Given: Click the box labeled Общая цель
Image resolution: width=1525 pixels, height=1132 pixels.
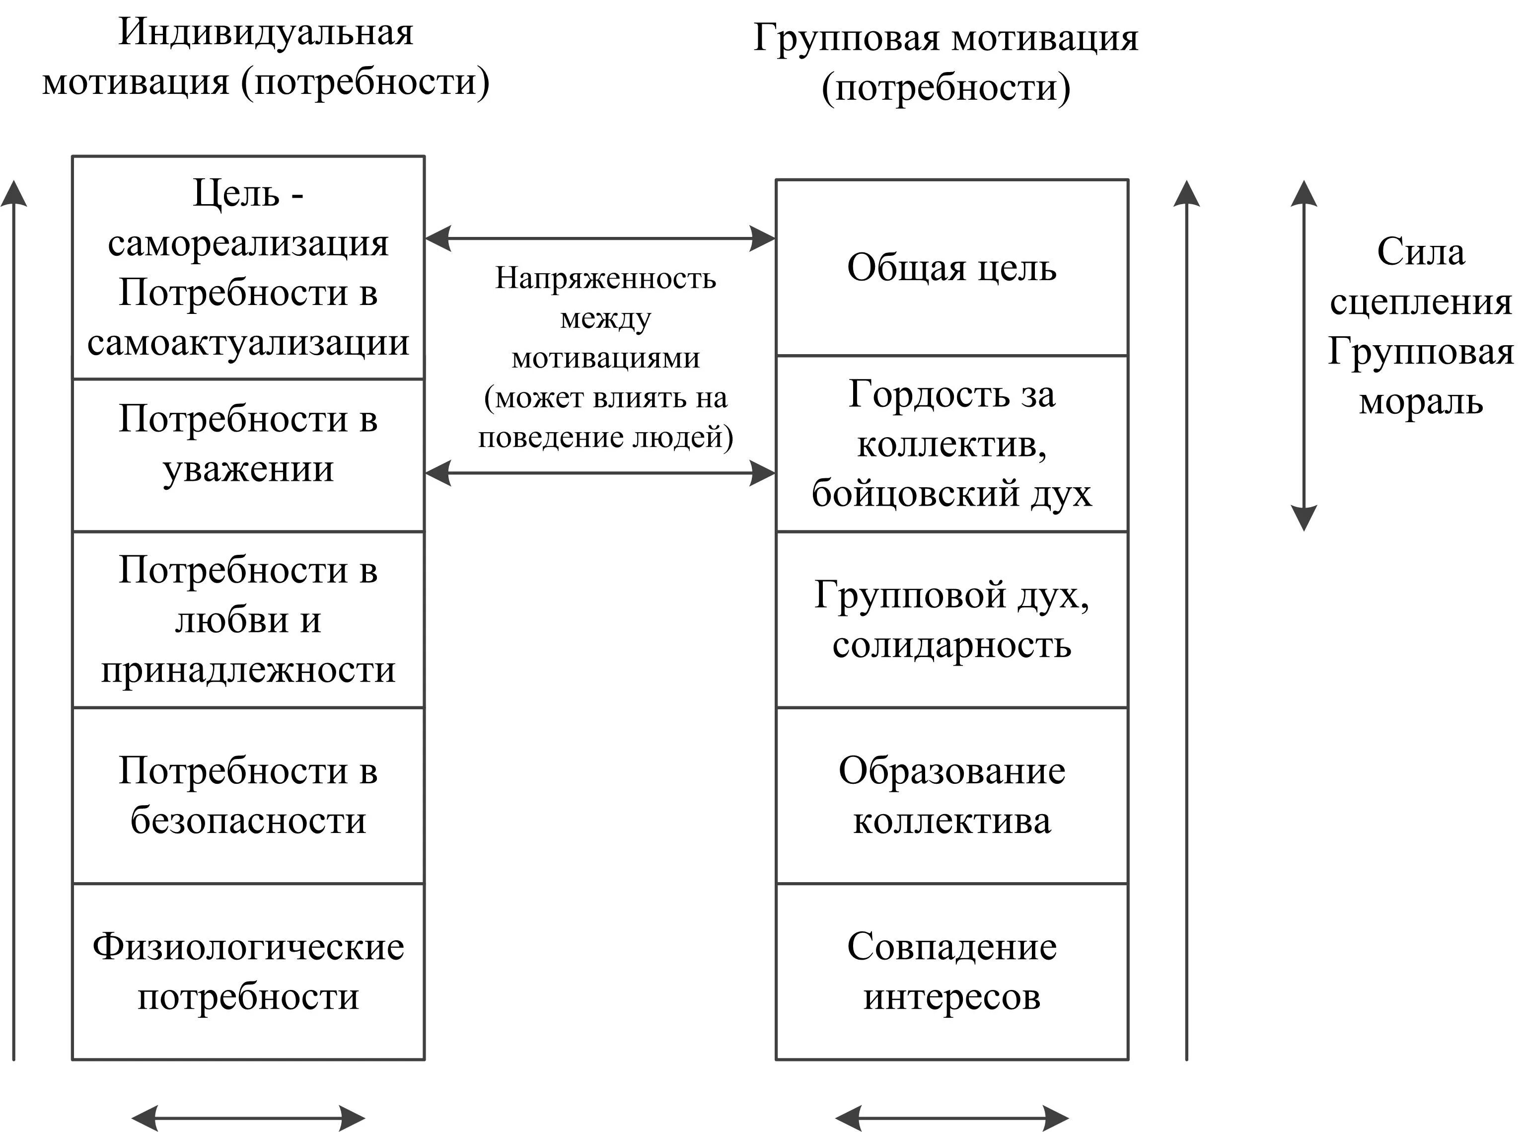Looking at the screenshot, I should [x=951, y=267].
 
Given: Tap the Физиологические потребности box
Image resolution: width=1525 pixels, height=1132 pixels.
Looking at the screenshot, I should [x=248, y=972].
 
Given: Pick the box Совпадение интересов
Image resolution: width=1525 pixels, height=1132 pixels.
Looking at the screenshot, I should [x=951, y=972].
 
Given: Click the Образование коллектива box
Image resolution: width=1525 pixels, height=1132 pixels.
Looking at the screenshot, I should [x=951, y=796].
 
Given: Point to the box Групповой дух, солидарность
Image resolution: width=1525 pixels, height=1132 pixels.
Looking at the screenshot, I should [x=951, y=619].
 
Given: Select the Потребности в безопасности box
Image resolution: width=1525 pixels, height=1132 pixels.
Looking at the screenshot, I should [x=248, y=796].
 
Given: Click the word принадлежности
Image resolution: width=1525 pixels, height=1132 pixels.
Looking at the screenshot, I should [x=248, y=670].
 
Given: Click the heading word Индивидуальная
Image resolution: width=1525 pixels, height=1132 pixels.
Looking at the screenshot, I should [x=266, y=32].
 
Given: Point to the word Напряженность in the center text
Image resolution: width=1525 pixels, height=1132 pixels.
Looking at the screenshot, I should [x=606, y=278].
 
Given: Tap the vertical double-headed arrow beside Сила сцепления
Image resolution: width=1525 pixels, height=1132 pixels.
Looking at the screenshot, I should [x=1303, y=356].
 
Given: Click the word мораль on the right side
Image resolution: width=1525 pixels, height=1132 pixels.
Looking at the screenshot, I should [x=1420, y=401].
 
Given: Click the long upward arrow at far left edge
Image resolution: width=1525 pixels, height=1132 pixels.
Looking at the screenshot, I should [x=14, y=617].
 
